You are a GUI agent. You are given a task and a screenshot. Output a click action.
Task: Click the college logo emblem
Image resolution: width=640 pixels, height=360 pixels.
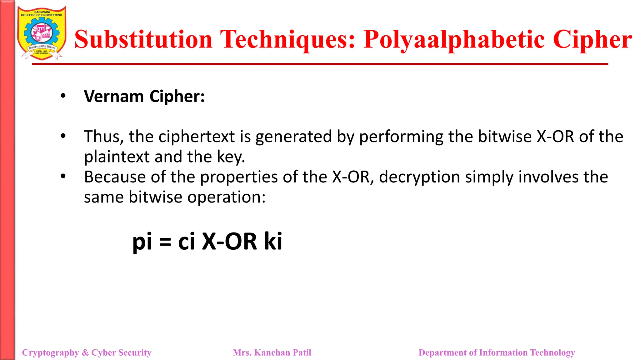pyautogui.click(x=42, y=33)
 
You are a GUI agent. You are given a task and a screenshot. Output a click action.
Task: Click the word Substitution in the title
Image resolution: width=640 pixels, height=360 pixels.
pyautogui.click(x=143, y=39)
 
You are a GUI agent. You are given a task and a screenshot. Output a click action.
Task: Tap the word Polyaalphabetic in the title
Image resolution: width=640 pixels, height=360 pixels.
pyautogui.click(x=455, y=39)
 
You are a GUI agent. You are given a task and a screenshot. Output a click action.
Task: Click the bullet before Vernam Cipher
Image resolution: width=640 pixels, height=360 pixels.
pyautogui.click(x=63, y=96)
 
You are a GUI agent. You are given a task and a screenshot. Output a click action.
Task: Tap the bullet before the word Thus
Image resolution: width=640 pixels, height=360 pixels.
pyautogui.click(x=63, y=136)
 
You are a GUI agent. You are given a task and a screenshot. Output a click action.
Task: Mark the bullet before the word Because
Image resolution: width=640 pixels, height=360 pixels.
pyautogui.click(x=63, y=177)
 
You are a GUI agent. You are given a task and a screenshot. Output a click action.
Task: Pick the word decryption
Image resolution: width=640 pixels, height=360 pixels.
pyautogui.click(x=419, y=177)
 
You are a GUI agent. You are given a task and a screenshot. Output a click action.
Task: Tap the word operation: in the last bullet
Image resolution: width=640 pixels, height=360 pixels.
pyautogui.click(x=226, y=197)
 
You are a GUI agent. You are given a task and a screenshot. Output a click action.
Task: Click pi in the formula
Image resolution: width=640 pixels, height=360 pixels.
pyautogui.click(x=142, y=242)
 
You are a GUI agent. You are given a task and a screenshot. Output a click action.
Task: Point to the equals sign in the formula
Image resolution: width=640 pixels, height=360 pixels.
pyautogui.click(x=165, y=242)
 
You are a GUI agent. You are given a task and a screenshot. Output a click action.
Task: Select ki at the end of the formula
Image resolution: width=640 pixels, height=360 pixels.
pyautogui.click(x=273, y=241)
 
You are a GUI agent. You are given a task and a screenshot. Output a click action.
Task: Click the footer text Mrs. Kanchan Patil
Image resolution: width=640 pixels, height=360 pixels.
pyautogui.click(x=272, y=352)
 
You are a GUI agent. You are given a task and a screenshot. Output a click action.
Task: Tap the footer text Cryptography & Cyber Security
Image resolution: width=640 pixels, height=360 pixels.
pyautogui.click(x=87, y=352)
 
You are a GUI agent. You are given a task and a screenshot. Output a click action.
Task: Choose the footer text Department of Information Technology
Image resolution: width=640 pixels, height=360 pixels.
pyautogui.click(x=497, y=352)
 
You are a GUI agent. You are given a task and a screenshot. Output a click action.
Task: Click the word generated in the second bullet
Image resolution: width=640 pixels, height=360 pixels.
pyautogui.click(x=293, y=137)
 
